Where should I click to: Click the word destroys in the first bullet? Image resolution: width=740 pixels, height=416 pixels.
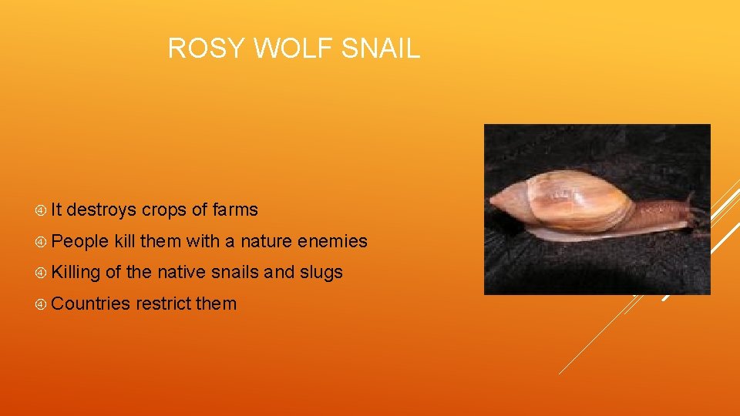coord(102,210)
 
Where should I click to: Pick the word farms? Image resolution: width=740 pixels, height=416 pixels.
coord(234,210)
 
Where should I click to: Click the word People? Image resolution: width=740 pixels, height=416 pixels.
coord(80,241)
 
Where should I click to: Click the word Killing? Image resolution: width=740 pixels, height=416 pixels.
coord(76,273)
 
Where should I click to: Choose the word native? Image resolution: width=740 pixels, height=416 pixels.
coord(183,272)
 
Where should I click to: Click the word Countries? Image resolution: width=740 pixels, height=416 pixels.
coord(91,304)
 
